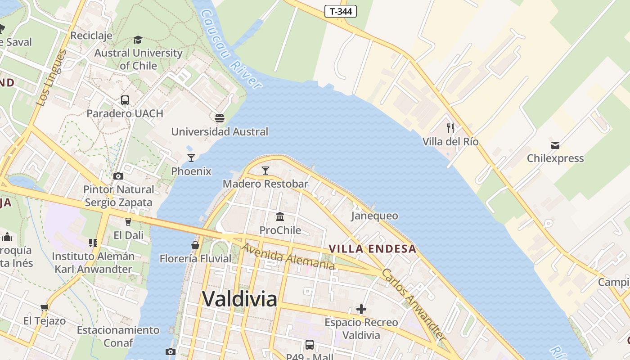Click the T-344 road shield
(340, 11)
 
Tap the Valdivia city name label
(239, 298)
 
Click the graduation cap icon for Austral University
(138, 40)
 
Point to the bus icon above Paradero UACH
(125, 100)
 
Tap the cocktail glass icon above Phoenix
(191, 157)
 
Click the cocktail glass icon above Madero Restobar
(265, 170)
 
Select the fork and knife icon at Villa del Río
(450, 128)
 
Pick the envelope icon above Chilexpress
(555, 145)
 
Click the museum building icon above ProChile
(280, 216)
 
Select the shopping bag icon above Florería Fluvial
(195, 245)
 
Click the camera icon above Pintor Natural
(118, 176)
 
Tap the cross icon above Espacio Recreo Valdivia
(361, 309)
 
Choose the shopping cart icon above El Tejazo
(44, 308)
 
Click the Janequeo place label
(374, 216)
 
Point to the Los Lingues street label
(51, 78)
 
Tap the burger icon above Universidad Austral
(220, 118)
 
